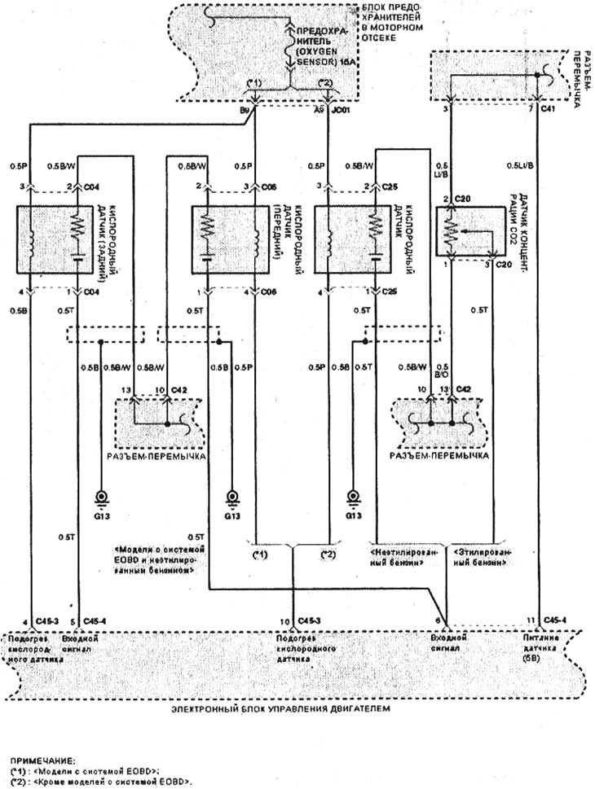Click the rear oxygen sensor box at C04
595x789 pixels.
coord(55,239)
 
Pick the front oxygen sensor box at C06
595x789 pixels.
coord(231,239)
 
